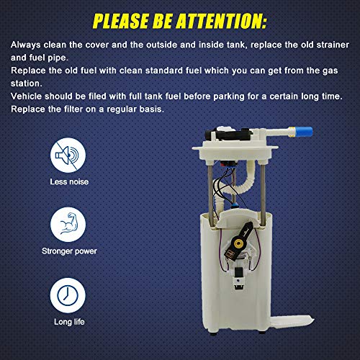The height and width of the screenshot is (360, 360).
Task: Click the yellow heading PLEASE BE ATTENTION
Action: [x=179, y=21]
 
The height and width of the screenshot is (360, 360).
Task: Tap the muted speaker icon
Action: [x=68, y=156]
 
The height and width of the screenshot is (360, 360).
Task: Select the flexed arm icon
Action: [x=68, y=225]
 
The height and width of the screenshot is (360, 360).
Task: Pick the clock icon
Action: [x=68, y=295]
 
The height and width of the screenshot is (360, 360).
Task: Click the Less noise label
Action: [x=69, y=181]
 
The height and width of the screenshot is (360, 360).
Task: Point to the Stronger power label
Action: [x=69, y=251]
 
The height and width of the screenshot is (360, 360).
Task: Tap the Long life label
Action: [x=69, y=322]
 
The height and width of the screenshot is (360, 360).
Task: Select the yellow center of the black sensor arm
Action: [x=238, y=244]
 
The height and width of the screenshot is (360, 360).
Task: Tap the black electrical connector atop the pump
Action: [x=228, y=135]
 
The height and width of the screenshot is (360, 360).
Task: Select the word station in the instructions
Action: [x=27, y=84]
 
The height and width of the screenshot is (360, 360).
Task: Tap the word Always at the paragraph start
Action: [x=26, y=45]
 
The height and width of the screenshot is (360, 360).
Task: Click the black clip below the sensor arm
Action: [x=238, y=279]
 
